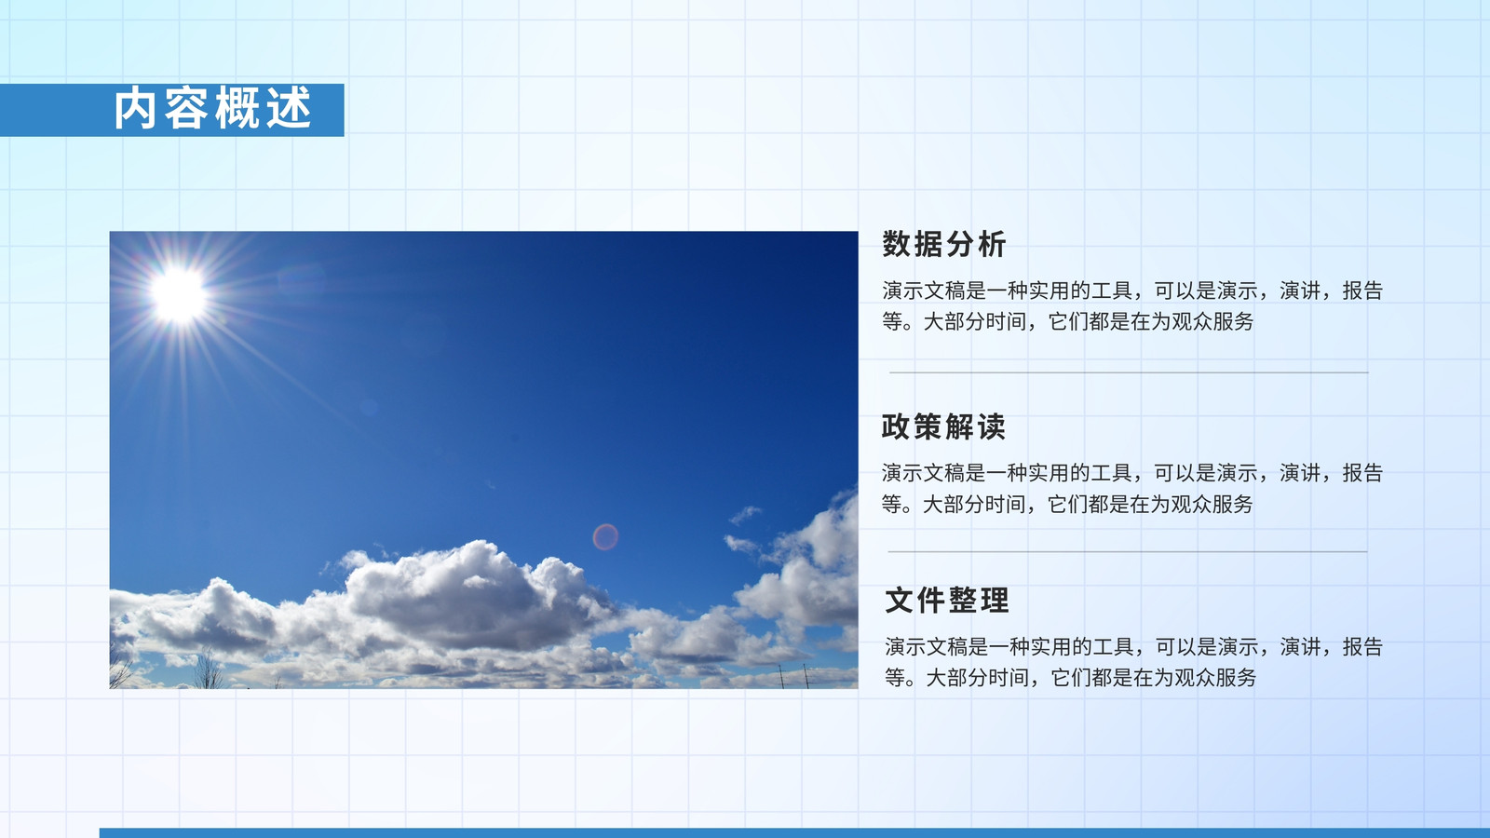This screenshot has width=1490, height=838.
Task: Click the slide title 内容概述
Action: [x=212, y=108]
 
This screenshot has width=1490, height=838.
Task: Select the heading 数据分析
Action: [x=944, y=244]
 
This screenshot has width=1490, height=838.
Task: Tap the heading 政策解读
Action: [x=943, y=427]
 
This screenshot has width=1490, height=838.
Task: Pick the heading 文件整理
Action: [x=946, y=601]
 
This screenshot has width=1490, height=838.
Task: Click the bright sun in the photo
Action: [x=178, y=295]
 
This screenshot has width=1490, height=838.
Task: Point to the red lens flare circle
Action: [x=605, y=536]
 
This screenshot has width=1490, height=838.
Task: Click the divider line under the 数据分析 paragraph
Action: [x=1129, y=372]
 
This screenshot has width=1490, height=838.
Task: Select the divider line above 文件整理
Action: [x=1128, y=551]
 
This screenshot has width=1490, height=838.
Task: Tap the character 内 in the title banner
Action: [x=135, y=108]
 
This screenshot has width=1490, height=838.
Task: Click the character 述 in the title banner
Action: [x=290, y=108]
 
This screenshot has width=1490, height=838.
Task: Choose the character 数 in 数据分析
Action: [x=897, y=244]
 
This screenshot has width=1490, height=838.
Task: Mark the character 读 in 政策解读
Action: [x=991, y=427]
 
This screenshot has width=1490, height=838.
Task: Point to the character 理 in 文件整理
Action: [x=995, y=601]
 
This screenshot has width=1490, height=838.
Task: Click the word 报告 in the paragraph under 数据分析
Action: [x=1362, y=291]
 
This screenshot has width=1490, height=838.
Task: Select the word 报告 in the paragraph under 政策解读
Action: [x=1362, y=473]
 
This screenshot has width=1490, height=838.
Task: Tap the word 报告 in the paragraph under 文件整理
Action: [x=1362, y=646]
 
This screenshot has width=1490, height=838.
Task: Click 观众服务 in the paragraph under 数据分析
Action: [x=1212, y=322]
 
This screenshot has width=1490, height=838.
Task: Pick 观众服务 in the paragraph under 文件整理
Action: [x=1215, y=678]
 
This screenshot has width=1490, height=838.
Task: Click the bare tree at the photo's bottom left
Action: [x=208, y=670]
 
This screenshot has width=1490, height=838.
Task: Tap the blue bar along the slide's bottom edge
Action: [x=794, y=832]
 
